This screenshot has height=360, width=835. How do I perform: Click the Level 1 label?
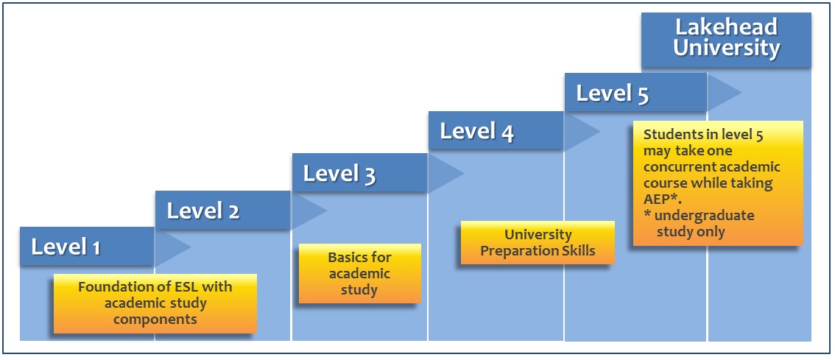[x=66, y=247]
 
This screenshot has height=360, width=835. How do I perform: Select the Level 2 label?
[x=202, y=211]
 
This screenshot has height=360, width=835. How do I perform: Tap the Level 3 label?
[x=339, y=174]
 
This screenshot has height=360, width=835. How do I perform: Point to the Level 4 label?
[x=476, y=132]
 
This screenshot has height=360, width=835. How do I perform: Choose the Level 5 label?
[x=613, y=93]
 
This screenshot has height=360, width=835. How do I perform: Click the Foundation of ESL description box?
[x=155, y=303]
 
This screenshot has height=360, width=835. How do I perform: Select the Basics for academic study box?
[x=359, y=274]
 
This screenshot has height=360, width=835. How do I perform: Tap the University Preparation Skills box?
[x=538, y=243]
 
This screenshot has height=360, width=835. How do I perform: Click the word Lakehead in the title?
[x=726, y=28]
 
